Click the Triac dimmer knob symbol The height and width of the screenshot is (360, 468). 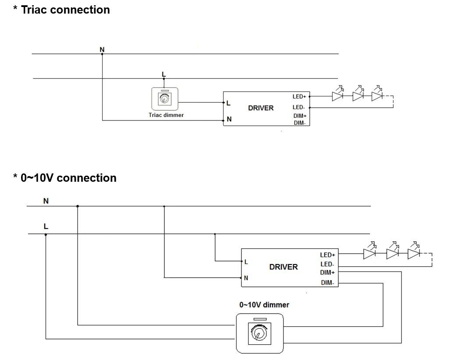pyautogui.click(x=165, y=99)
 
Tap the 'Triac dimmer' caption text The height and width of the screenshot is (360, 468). pyautogui.click(x=166, y=115)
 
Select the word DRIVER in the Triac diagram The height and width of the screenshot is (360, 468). pyautogui.click(x=261, y=108)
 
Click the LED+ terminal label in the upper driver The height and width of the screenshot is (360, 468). pyautogui.click(x=299, y=96)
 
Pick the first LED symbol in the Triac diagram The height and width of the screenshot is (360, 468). pyautogui.click(x=337, y=96)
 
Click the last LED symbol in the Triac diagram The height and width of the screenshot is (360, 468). pyautogui.click(x=377, y=96)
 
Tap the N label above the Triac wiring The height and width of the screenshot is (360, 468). pyautogui.click(x=102, y=49)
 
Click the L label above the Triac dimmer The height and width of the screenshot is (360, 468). pyautogui.click(x=164, y=74)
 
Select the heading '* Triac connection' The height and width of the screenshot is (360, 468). pyautogui.click(x=61, y=10)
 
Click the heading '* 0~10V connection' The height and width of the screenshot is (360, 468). pyautogui.click(x=65, y=178)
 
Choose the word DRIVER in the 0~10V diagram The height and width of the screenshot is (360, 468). pyautogui.click(x=284, y=267)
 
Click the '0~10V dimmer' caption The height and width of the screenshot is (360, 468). pyautogui.click(x=264, y=304)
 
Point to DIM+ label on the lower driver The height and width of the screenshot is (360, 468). pyautogui.click(x=327, y=272)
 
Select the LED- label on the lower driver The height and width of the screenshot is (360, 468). pyautogui.click(x=327, y=264)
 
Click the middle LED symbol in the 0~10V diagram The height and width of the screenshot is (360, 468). pyautogui.click(x=392, y=253)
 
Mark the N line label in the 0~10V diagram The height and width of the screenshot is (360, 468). pyautogui.click(x=46, y=201)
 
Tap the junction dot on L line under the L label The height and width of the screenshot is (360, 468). pyautogui.click(x=46, y=234)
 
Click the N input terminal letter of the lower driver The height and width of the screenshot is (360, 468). pyautogui.click(x=246, y=278)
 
